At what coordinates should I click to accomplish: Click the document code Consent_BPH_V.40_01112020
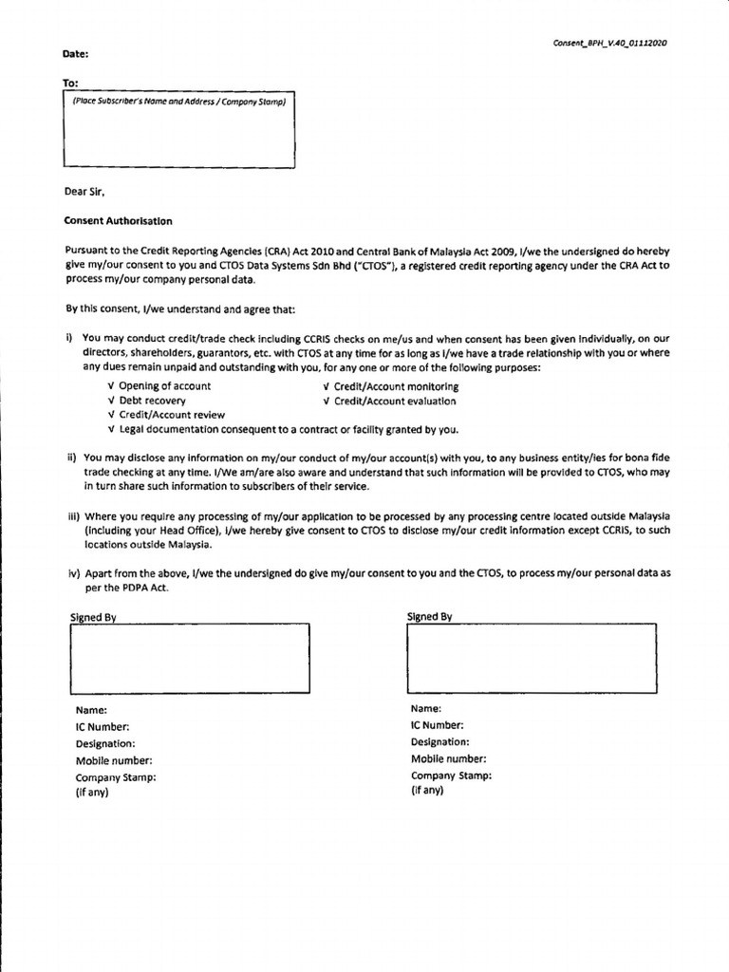(x=610, y=43)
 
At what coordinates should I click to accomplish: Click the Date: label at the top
(x=76, y=56)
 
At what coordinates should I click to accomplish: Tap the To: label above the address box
(x=71, y=84)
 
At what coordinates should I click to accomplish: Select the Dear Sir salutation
(x=83, y=190)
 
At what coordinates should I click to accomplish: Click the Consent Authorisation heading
(x=118, y=220)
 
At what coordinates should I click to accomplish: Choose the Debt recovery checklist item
(x=152, y=401)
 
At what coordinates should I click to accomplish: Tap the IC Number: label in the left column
(x=102, y=726)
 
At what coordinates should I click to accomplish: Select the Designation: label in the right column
(x=439, y=741)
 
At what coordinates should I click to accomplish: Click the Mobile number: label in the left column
(x=113, y=760)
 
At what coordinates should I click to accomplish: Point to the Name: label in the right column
(x=426, y=708)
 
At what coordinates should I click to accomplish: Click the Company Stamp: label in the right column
(x=451, y=776)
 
